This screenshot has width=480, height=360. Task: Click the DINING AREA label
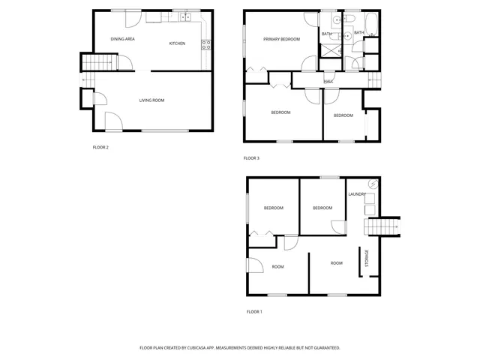pos(122,38)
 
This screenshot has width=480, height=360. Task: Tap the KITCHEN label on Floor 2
pos(177,43)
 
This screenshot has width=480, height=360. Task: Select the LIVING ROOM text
pos(151,100)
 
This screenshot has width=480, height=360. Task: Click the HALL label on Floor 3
pos(328,81)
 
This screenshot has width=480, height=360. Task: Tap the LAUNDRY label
pos(357,194)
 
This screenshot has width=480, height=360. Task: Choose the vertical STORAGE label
pos(367,259)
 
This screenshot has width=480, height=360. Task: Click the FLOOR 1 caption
pos(255,311)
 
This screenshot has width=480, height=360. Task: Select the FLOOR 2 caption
pos(100,147)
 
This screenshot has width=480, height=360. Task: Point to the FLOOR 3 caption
pos(251,158)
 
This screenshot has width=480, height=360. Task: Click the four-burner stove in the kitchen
pos(205,43)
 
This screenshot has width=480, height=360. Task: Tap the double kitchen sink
pos(185,16)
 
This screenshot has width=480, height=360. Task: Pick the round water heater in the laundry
pos(371,186)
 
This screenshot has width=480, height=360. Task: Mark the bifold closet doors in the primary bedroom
pos(256,71)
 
